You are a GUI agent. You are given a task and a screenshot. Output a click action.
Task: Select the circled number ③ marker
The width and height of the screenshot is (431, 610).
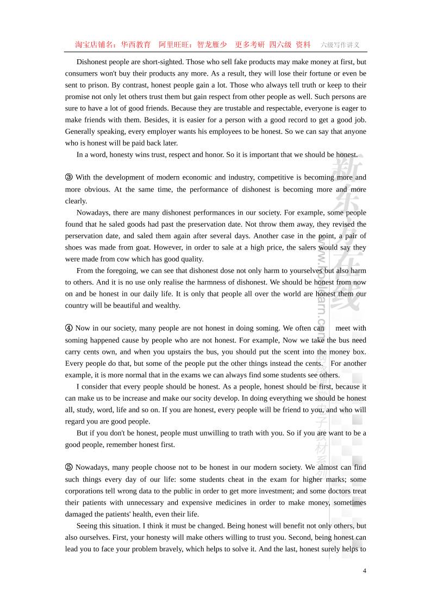pyautogui.click(x=69, y=177)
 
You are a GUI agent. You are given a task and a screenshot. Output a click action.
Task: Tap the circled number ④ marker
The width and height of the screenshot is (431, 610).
pyautogui.click(x=69, y=328)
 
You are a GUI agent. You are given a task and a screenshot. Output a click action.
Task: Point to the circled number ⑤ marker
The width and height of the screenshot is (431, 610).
pyautogui.click(x=69, y=468)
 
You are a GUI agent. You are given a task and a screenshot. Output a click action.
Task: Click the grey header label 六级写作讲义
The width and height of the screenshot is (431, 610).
pyautogui.click(x=340, y=45)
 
